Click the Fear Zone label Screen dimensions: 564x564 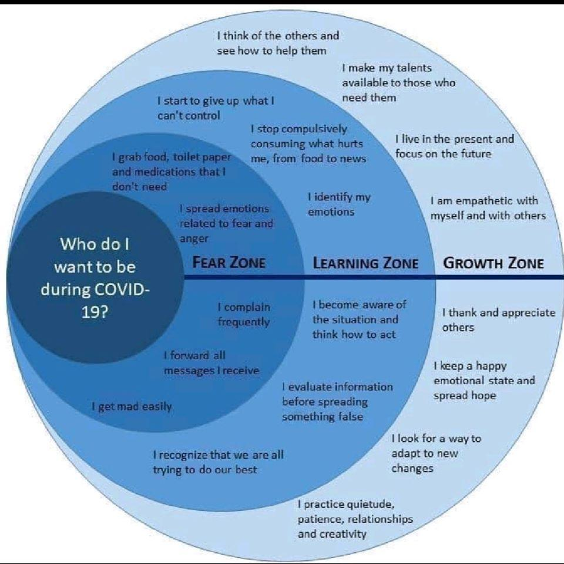click(229, 262)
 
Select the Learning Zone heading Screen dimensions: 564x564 click(365, 263)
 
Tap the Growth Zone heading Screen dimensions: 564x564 click(493, 263)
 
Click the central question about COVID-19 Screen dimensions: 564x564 click(95, 278)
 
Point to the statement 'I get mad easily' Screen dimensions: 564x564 click(132, 407)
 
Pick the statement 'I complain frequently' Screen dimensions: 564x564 click(244, 314)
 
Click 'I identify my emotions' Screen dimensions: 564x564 click(339, 204)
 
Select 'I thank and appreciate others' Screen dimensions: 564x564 click(499, 320)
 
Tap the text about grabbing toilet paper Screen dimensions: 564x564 click(171, 172)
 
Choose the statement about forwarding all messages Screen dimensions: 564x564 click(211, 363)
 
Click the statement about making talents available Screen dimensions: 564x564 click(398, 83)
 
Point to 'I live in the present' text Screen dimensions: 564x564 click(455, 146)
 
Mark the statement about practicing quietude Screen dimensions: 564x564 click(355, 519)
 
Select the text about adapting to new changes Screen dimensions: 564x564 click(436, 453)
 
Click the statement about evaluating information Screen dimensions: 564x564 click(337, 401)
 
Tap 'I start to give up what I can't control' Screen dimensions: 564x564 click(216, 108)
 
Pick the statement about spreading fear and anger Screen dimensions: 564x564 click(226, 223)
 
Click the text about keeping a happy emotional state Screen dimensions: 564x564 click(484, 381)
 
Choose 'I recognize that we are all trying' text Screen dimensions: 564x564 click(219, 462)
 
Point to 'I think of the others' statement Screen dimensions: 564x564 click(278, 43)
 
